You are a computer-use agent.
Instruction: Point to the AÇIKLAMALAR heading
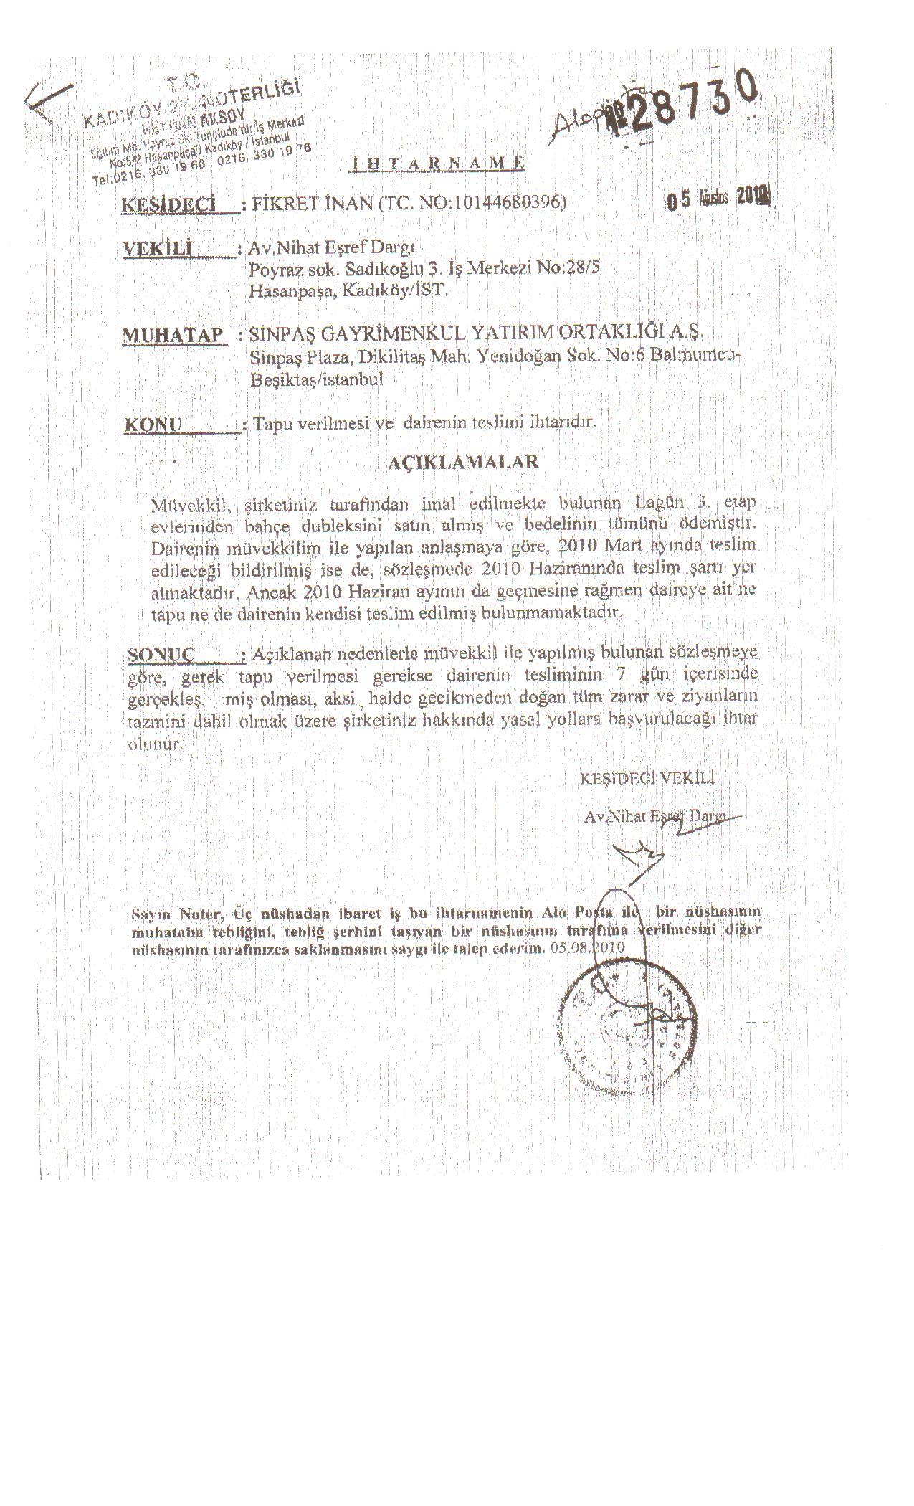click(462, 462)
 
